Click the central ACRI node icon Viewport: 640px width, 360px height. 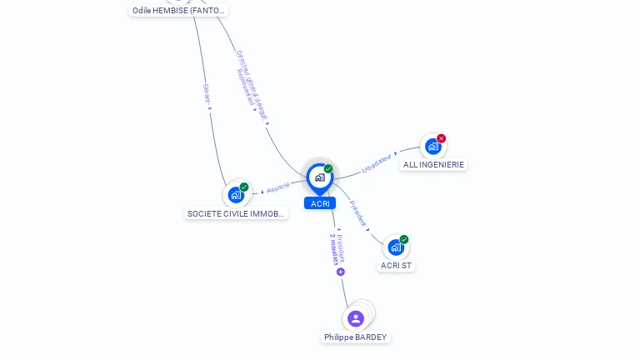click(x=319, y=177)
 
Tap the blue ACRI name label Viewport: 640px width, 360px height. click(x=320, y=203)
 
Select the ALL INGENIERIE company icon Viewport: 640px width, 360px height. click(x=432, y=147)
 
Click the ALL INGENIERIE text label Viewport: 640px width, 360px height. click(x=433, y=165)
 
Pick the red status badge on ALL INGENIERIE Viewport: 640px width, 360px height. click(x=442, y=138)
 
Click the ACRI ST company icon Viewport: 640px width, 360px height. click(x=395, y=247)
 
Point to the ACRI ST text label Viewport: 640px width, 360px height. click(x=396, y=266)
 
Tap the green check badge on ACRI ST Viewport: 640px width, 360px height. click(x=404, y=239)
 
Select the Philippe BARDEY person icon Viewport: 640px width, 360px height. click(x=356, y=318)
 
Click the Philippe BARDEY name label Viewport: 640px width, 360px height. click(x=356, y=337)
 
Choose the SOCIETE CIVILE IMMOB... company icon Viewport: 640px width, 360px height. click(x=236, y=195)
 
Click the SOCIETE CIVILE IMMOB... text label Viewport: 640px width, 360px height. click(x=237, y=214)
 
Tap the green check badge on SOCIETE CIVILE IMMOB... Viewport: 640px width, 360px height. click(x=244, y=187)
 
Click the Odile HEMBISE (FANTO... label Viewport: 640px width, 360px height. click(x=179, y=11)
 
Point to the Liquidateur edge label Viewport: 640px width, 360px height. click(x=376, y=164)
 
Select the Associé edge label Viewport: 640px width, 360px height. click(x=278, y=187)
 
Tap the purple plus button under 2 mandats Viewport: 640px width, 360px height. click(x=341, y=272)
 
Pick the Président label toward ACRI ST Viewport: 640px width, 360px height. click(x=357, y=213)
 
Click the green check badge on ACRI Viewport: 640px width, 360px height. click(x=328, y=169)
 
